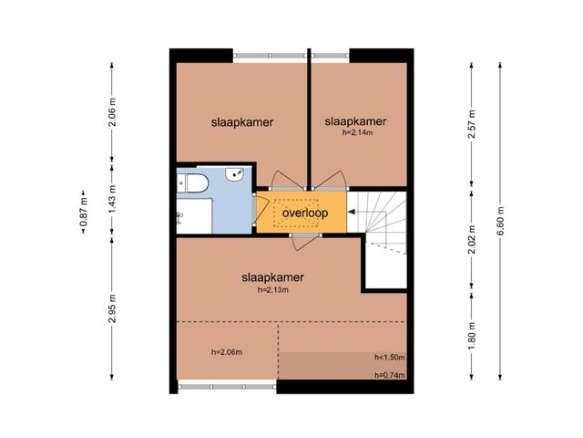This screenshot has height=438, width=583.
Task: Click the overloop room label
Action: (305, 213)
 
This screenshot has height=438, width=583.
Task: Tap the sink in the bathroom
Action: (234, 174)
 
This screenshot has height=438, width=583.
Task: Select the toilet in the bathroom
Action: (192, 183)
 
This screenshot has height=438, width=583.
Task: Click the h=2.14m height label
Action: (357, 132)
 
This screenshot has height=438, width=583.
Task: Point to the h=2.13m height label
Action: (273, 290)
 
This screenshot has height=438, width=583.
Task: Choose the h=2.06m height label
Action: (227, 352)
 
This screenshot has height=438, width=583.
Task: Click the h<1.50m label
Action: (390, 357)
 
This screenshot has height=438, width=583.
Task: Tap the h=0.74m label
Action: (390, 375)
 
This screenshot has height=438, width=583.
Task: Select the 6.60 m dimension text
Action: (500, 221)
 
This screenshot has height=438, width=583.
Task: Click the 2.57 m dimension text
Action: (472, 124)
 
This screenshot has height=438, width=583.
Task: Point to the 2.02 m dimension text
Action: (472, 239)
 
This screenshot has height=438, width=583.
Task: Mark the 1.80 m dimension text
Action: (472, 336)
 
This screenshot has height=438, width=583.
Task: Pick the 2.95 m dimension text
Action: (112, 308)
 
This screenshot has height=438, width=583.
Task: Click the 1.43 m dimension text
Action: (112, 199)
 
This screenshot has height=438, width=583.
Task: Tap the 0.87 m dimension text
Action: (83, 212)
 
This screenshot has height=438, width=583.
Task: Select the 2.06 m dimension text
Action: (112, 112)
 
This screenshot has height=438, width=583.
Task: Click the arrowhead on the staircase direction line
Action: (352, 212)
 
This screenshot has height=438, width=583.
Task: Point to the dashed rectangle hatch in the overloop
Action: (296, 213)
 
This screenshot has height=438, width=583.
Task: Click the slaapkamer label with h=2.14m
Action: (355, 121)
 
